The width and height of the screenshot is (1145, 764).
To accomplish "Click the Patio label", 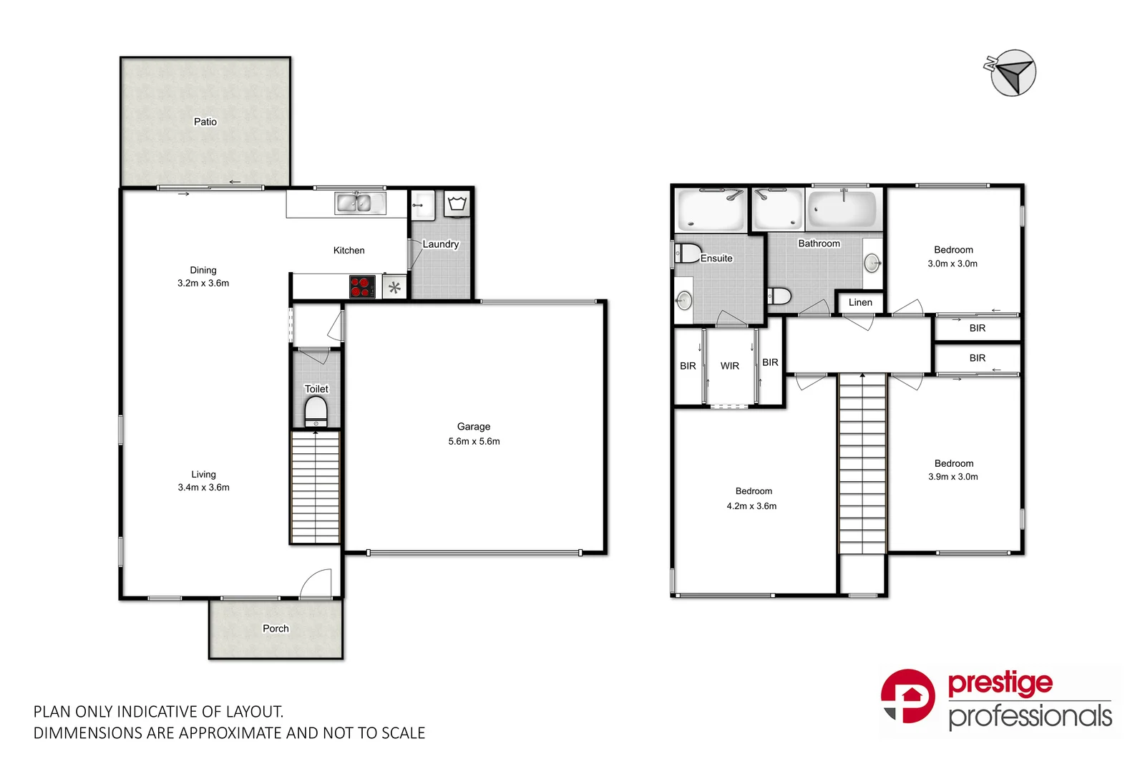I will tap(205, 122).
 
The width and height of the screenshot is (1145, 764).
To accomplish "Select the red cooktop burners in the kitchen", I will tap(361, 286).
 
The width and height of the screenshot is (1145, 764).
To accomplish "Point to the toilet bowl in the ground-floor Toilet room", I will tap(316, 412).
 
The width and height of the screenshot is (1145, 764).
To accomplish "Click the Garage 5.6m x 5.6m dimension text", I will tap(474, 441).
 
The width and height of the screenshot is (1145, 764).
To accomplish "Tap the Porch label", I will tap(276, 629).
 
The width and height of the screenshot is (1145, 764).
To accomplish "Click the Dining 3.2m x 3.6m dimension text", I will tap(203, 283).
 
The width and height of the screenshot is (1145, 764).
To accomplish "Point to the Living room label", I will tap(203, 474).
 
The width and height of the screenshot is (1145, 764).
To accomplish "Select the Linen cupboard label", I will tap(860, 302).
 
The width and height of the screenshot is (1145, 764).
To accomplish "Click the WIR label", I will tap(729, 366).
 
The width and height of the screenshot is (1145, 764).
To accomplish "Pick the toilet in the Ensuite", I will tap(688, 253).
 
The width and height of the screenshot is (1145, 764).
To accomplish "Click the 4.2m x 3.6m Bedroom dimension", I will tap(751, 506).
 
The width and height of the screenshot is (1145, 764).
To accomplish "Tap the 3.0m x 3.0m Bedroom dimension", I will tap(952, 263).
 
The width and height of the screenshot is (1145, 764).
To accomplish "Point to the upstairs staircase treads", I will tap(862, 465).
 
